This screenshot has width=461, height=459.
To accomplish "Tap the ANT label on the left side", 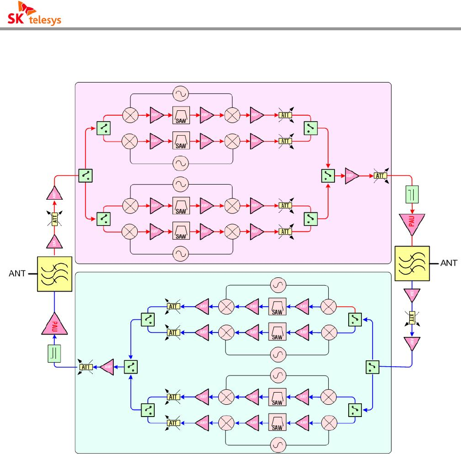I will [17, 274].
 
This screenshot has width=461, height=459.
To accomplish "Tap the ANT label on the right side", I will [449, 263].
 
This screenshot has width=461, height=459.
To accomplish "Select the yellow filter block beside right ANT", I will [412, 263].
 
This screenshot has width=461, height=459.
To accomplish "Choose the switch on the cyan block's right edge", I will [372, 366].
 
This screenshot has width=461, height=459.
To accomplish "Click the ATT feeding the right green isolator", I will [380, 176].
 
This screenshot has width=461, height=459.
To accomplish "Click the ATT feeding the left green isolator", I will [87, 367].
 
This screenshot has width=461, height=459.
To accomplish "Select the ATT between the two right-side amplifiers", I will [412, 318].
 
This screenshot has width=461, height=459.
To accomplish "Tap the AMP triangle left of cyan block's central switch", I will [107, 367].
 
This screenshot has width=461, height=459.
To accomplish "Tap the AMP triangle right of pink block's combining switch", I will [352, 176].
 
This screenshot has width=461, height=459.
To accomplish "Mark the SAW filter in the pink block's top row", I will [181, 115].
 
